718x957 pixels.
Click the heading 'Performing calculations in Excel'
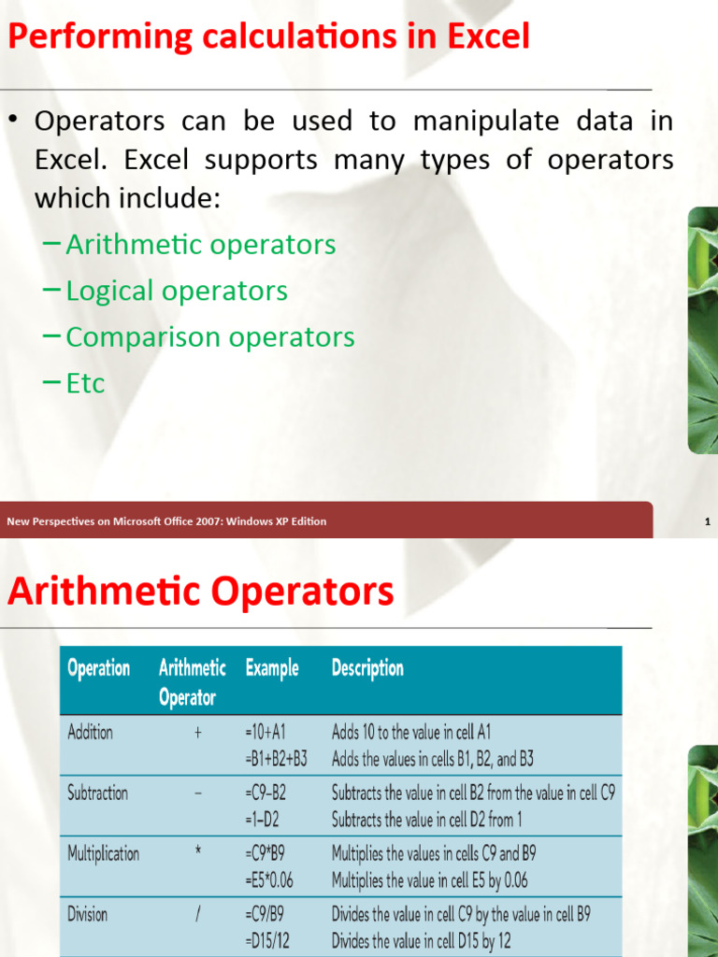tap(269, 37)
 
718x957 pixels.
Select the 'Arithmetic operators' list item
tap(200, 245)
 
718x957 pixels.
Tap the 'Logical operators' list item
tap(177, 291)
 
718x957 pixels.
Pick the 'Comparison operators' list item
tap(209, 336)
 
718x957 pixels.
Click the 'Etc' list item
tap(85, 383)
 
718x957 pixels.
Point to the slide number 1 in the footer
tap(709, 521)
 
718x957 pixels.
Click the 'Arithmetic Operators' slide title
tap(201, 592)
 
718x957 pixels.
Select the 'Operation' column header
tap(99, 668)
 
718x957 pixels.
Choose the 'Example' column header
tap(272, 668)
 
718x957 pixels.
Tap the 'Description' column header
tap(367, 668)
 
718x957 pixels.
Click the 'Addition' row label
tap(91, 733)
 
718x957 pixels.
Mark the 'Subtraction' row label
tap(98, 793)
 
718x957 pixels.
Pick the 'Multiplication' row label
tap(104, 853)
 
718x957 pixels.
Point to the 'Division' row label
tap(88, 914)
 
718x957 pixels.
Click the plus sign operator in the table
tap(198, 734)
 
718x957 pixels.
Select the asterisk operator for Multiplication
tap(198, 852)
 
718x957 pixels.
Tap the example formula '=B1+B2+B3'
tap(277, 759)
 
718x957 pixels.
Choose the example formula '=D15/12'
tap(268, 940)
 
